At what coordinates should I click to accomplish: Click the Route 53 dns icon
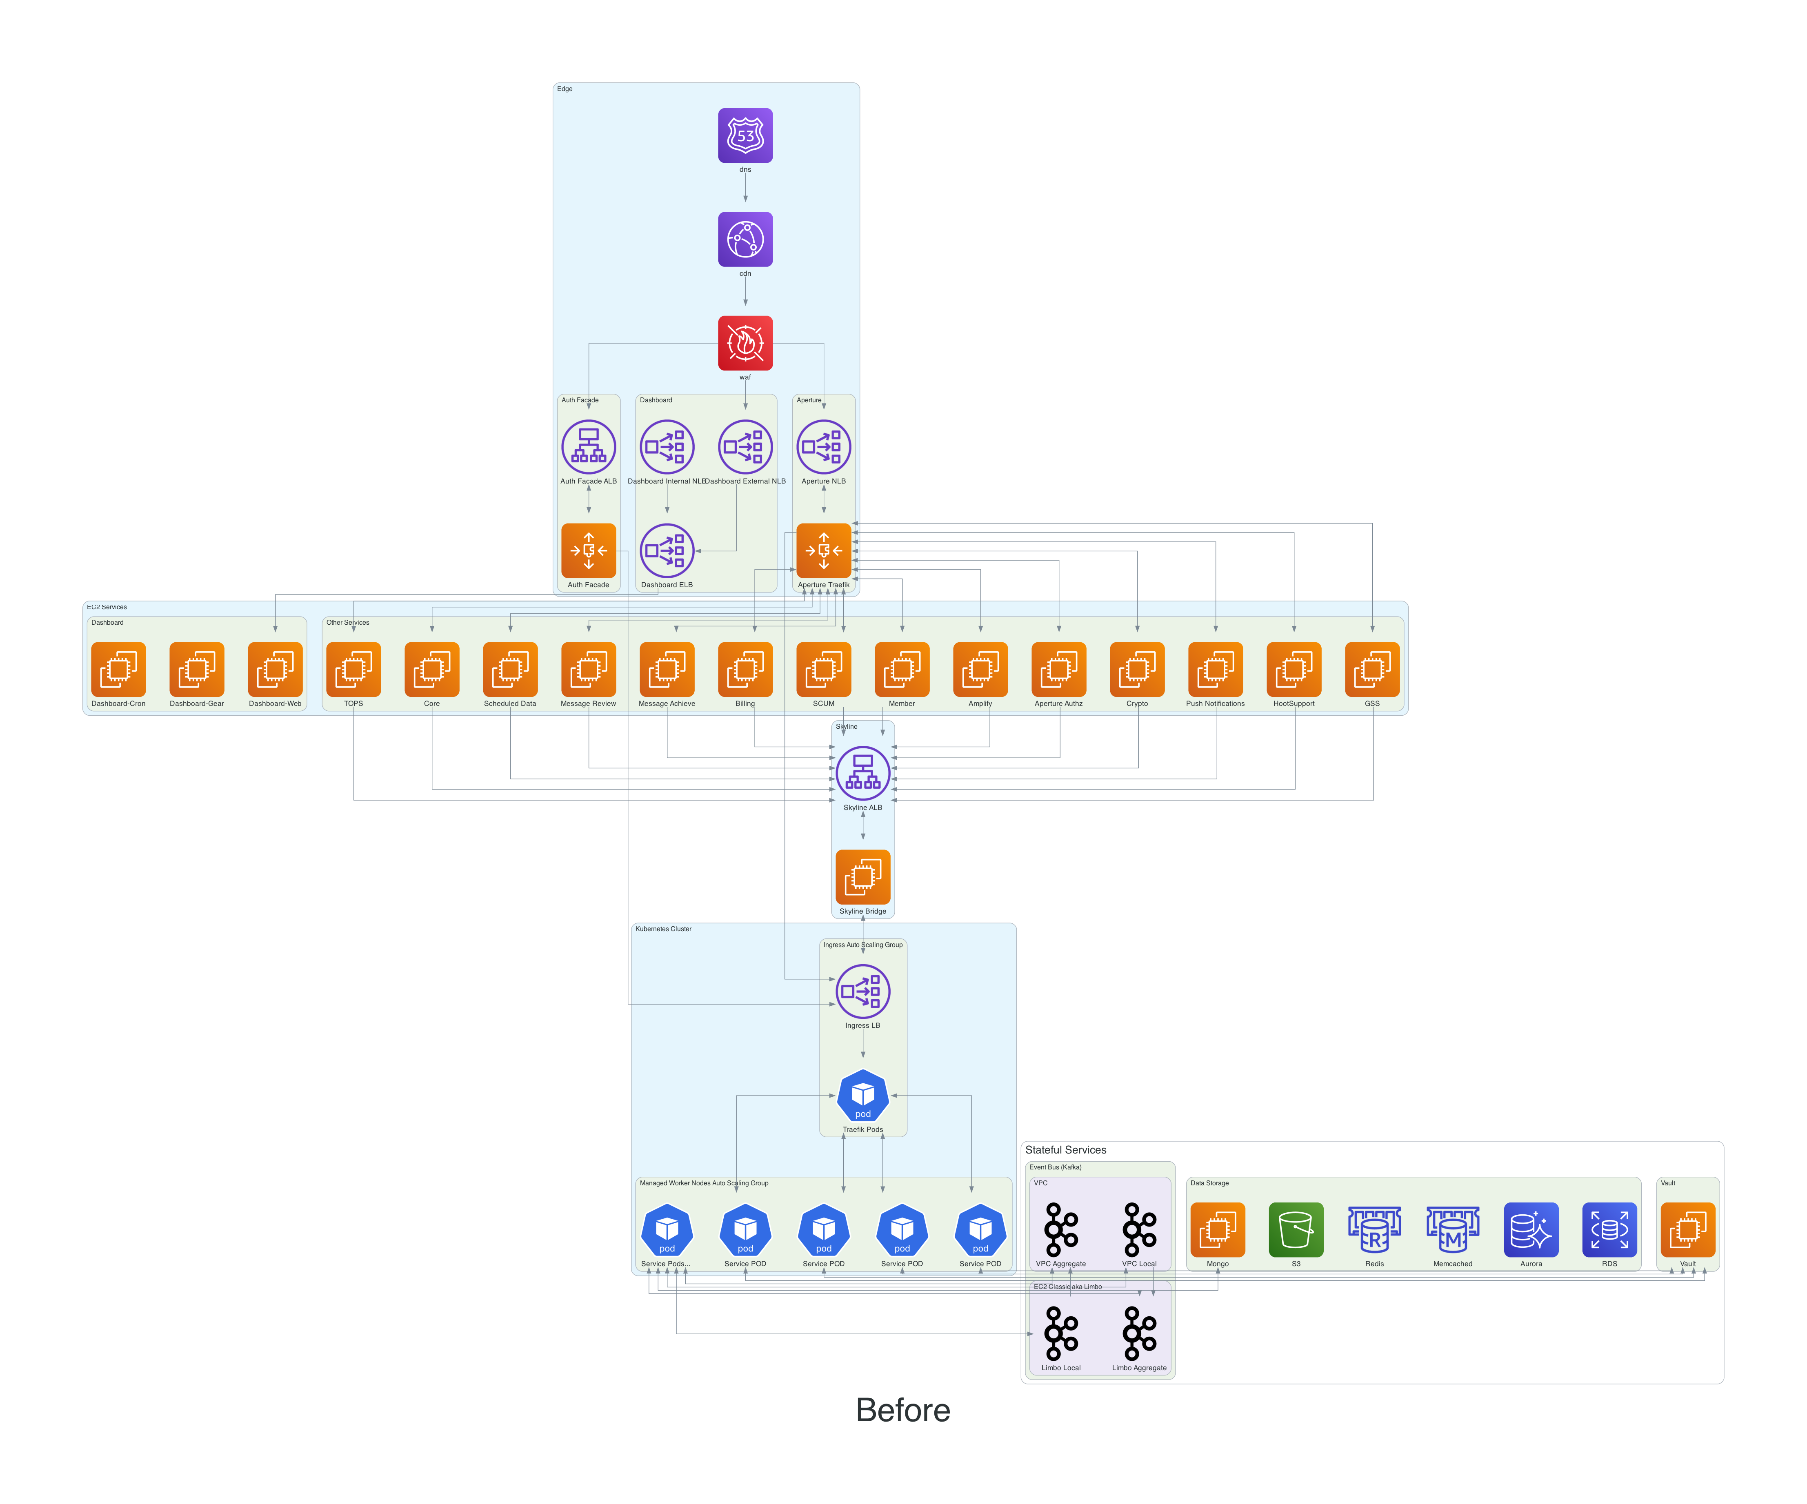click(745, 135)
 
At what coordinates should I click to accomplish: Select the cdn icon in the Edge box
click(745, 239)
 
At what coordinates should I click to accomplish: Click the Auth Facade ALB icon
click(589, 446)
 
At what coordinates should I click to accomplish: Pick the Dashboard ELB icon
click(667, 551)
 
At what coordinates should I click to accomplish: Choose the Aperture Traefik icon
click(823, 551)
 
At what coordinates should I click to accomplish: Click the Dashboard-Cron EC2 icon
click(119, 670)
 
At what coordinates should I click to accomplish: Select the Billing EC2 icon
click(745, 670)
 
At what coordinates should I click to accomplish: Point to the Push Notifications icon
click(1215, 670)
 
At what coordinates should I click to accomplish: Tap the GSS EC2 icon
click(1371, 670)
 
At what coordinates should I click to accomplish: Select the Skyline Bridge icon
click(863, 877)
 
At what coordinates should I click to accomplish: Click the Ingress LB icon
click(863, 991)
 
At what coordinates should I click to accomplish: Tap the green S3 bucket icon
click(1296, 1229)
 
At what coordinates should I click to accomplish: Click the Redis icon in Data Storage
click(1374, 1229)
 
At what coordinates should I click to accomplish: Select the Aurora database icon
click(1531, 1229)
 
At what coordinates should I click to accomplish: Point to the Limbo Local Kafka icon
click(1061, 1333)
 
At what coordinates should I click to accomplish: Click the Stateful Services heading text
click(1065, 1149)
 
